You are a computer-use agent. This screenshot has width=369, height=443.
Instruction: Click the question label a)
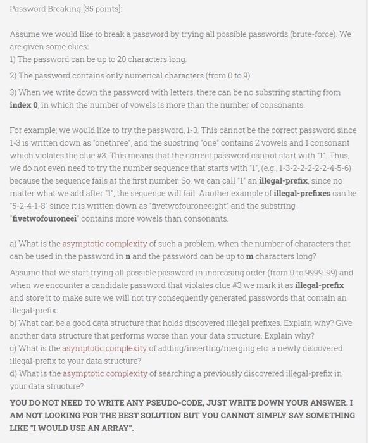pyautogui.click(x=13, y=244)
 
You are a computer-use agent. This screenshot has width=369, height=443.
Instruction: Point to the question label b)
pyautogui.click(x=13, y=323)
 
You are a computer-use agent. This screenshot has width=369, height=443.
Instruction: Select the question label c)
pyautogui.click(x=13, y=349)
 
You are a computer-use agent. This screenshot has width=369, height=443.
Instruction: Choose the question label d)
pyautogui.click(x=13, y=373)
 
